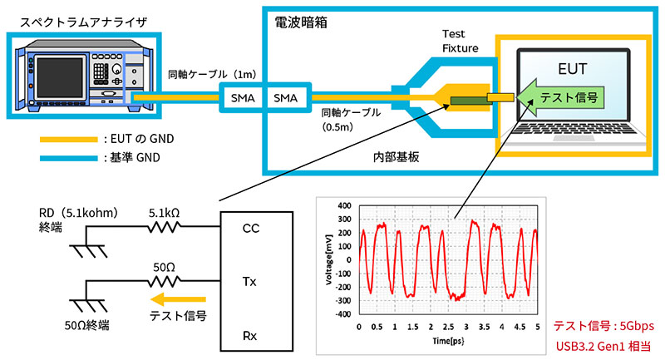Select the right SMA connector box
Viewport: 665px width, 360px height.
point(288,98)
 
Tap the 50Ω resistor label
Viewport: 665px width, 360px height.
point(162,267)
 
